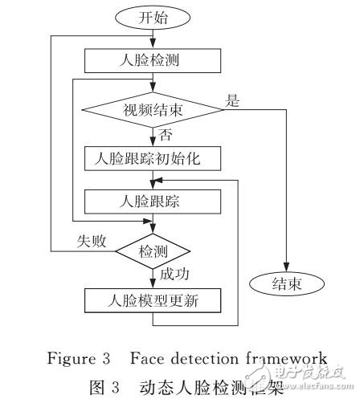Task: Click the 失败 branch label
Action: coord(88,240)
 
